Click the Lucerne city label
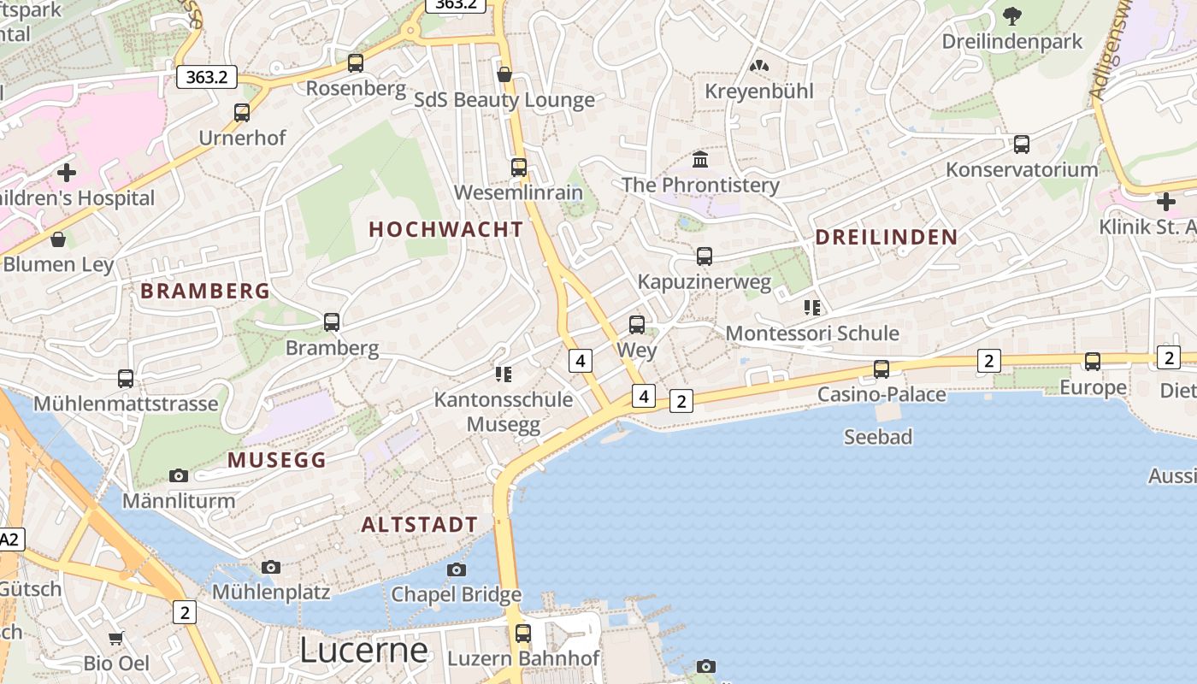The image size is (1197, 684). click(x=363, y=651)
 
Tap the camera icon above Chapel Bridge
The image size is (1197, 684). click(x=457, y=569)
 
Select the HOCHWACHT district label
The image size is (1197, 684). click(x=445, y=229)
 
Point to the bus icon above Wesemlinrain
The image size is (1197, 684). click(x=519, y=167)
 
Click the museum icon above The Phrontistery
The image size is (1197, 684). click(x=701, y=160)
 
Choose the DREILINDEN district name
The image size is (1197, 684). click(x=886, y=238)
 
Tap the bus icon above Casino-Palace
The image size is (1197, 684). click(x=882, y=369)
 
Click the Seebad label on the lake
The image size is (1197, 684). click(x=878, y=437)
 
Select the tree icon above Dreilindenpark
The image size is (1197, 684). click(x=1012, y=16)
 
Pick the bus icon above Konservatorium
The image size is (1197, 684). click(x=1022, y=144)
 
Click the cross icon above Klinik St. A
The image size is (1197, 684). click(x=1165, y=202)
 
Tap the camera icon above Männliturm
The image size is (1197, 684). click(x=179, y=475)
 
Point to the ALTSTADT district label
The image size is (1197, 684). click(x=419, y=525)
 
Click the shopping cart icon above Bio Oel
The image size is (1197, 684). click(x=116, y=638)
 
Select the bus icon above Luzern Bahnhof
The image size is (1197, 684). click(x=523, y=634)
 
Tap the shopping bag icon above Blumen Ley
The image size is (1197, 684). click(x=58, y=239)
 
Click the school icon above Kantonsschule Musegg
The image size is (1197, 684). click(x=504, y=374)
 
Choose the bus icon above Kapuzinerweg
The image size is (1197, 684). click(x=705, y=256)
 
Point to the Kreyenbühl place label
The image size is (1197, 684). click(x=759, y=91)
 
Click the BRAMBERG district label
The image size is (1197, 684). click(x=205, y=292)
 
